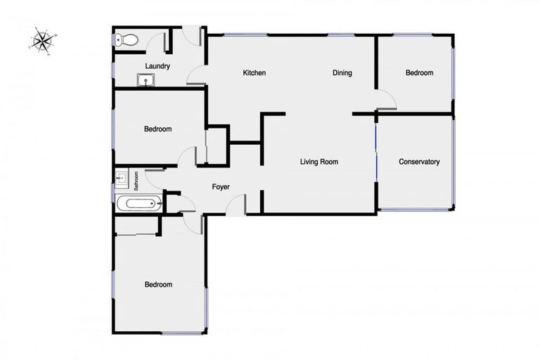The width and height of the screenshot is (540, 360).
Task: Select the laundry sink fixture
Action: (147, 80)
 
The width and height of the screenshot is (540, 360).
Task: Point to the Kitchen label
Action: (254, 73)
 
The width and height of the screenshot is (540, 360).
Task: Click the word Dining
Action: (342, 73)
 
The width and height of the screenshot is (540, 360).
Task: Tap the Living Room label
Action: (319, 162)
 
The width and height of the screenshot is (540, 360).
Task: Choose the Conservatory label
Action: (419, 162)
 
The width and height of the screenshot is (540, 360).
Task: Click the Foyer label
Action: (221, 187)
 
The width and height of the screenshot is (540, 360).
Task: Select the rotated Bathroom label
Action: (136, 181)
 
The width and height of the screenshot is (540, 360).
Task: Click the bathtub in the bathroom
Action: (140, 205)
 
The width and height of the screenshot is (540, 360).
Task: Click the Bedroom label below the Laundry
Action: (157, 129)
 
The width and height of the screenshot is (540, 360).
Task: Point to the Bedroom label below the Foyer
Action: (157, 285)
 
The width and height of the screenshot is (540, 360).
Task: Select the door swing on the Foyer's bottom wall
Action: (237, 205)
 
